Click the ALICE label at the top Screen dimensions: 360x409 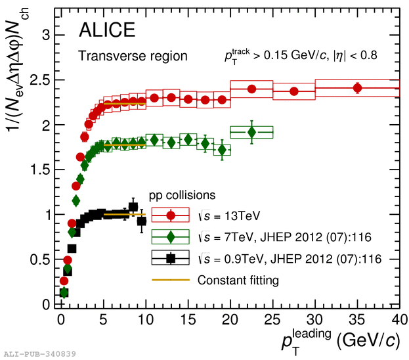(107, 30)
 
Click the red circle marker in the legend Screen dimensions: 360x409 (171, 215)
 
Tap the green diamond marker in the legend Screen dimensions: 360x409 (171, 236)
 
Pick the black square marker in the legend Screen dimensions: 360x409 (171, 258)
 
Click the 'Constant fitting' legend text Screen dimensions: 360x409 (240, 281)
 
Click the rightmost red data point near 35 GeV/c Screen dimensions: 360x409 (357, 88)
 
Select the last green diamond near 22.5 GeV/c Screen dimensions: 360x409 (251, 132)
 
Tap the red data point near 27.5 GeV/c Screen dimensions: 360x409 (294, 91)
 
